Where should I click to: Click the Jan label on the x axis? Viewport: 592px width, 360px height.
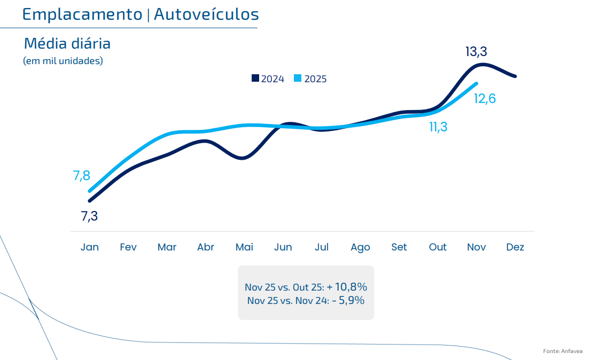pos(90,247)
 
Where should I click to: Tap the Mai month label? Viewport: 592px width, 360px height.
pos(244,247)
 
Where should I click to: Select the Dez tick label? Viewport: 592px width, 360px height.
pos(515,247)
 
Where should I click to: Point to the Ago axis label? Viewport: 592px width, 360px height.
pos(360,247)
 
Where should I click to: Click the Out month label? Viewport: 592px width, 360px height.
pos(438,247)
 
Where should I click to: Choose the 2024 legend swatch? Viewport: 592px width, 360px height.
pos(255,79)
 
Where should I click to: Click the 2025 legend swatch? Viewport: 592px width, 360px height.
pos(298,79)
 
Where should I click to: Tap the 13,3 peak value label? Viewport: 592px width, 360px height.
pos(476,52)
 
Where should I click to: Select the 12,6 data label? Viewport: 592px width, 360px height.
pos(485,99)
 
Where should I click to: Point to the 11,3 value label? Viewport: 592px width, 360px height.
pos(438,127)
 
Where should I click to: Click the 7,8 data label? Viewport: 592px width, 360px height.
pos(82,175)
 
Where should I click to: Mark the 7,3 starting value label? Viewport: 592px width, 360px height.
pos(89,216)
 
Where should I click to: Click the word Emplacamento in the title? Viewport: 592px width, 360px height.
pos(82,14)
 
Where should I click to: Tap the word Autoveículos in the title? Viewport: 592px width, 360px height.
pos(206,14)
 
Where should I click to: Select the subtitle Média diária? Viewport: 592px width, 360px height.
pos(67,43)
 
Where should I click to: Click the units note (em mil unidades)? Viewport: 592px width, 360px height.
pos(63,61)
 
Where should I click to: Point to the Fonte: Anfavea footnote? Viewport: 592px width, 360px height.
pos(564,351)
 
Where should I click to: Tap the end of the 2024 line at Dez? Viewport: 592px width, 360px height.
pos(515,76)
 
